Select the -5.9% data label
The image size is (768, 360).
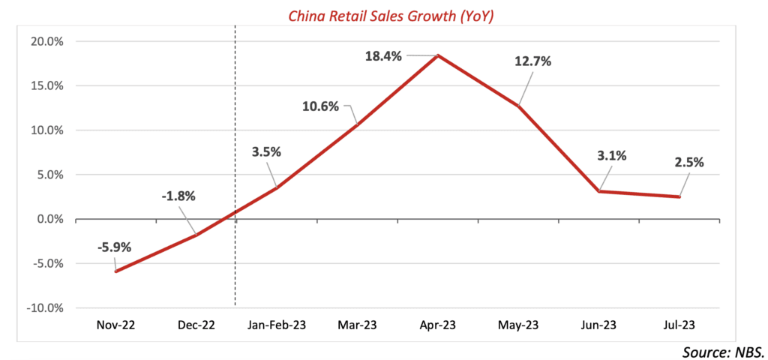click(113, 250)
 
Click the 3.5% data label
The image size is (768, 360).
click(266, 151)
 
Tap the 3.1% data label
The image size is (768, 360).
click(610, 156)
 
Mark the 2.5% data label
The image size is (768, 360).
click(688, 161)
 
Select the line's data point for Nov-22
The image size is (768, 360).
click(115, 271)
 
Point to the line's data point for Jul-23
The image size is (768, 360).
click(679, 197)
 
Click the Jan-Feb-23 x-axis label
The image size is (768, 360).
click(276, 325)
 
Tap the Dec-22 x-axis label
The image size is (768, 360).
click(196, 325)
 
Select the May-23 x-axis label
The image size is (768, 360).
click(518, 325)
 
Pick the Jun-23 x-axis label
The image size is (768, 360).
click(598, 325)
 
